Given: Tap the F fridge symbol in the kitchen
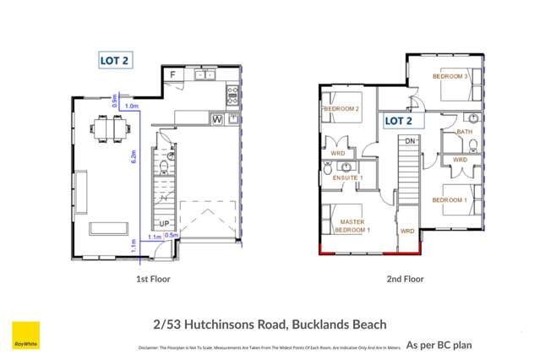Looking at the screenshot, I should (x=173, y=75).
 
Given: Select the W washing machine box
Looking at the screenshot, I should (x=217, y=120).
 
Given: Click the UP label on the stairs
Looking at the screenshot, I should (x=166, y=224).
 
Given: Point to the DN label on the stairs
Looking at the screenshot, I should (x=410, y=140).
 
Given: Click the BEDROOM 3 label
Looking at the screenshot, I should (x=450, y=76).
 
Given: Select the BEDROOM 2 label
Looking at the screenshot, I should (x=341, y=109).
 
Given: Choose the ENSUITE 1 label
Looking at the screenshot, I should (x=346, y=178).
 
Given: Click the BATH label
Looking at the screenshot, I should (x=465, y=132).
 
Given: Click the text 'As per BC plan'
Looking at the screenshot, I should (x=439, y=345).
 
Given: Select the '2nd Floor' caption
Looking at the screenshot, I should (x=404, y=278).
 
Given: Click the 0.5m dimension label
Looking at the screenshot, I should (x=171, y=236).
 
